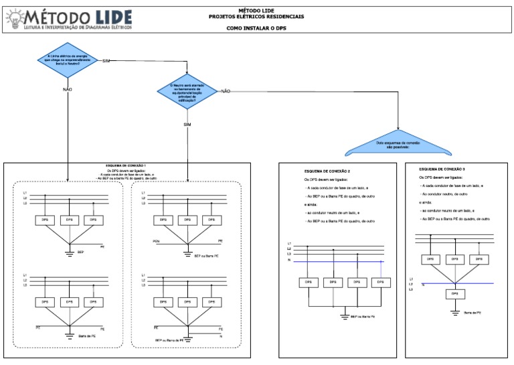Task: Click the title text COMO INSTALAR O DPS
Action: coord(256,28)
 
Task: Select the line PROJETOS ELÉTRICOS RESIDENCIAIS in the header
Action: coord(256,15)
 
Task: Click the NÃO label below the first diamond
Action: coord(67,89)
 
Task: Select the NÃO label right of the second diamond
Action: coord(226,90)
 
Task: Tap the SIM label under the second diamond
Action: coord(188,125)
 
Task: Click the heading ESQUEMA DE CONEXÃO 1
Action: coord(126,165)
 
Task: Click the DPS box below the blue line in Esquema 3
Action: coord(454,293)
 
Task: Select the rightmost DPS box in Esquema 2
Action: coord(379,283)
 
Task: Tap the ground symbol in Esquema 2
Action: coord(344,315)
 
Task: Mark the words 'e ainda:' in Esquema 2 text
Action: coord(311,204)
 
